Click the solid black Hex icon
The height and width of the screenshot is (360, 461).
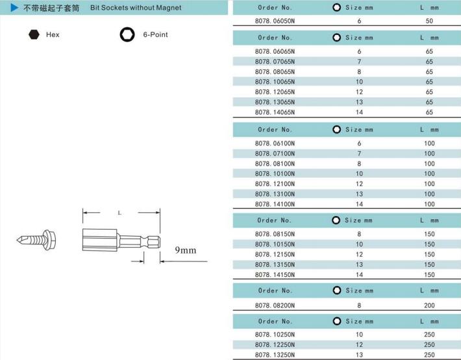point(33,34)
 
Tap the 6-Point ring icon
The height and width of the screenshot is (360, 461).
point(126,34)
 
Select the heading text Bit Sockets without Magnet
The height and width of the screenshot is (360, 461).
point(136,8)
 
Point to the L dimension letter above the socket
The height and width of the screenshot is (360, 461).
point(119,212)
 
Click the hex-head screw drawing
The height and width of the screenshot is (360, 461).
point(38,238)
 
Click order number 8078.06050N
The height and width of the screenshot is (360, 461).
point(275,21)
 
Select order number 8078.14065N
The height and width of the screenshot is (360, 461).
point(275,112)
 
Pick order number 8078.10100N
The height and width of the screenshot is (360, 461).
point(275,173)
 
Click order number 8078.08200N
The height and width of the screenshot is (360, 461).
point(275,304)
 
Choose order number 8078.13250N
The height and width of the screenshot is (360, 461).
point(275,355)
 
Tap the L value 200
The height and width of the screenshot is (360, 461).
point(429,304)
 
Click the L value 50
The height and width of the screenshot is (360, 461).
point(429,21)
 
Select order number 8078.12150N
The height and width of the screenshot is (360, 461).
point(275,254)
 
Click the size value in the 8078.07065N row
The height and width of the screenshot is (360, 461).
point(359,61)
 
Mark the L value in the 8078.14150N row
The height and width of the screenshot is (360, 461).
point(429,274)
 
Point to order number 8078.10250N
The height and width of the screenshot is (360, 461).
point(275,335)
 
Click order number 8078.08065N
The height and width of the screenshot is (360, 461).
point(275,71)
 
